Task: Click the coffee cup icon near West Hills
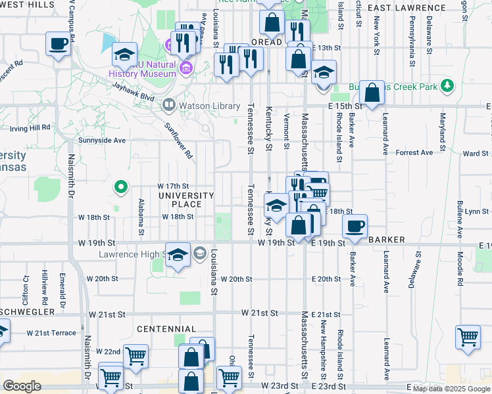[58, 45]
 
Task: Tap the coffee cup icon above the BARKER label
[355, 227]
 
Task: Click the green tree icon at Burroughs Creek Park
[447, 86]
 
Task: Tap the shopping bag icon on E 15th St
[372, 93]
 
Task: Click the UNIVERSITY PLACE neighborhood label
[185, 200]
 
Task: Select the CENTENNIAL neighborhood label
[166, 328]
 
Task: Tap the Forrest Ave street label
[415, 152]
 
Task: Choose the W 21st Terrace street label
[51, 333]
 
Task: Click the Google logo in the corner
[22, 386]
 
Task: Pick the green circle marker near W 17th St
[120, 188]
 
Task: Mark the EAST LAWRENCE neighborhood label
[406, 8]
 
